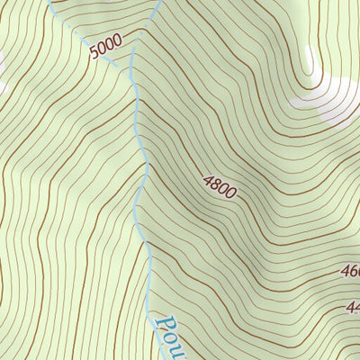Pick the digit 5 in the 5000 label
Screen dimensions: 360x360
(94, 54)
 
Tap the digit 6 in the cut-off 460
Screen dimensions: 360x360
(351, 271)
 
